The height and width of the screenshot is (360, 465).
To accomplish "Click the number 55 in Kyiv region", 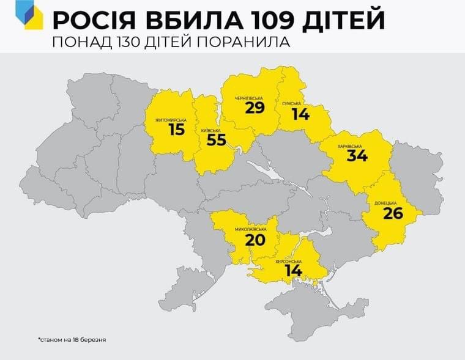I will (216, 140).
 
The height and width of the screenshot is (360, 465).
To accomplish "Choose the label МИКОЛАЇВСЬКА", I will (252, 229).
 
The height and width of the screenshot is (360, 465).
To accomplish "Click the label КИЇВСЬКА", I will (210, 130).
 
